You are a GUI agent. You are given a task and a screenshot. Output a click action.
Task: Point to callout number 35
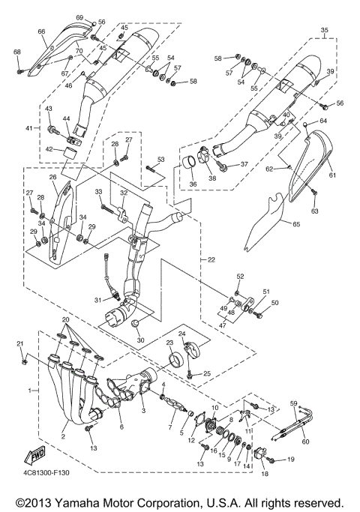325,31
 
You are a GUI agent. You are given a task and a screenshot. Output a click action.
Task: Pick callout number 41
30,129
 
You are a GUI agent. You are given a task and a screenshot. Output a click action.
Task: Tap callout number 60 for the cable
305,442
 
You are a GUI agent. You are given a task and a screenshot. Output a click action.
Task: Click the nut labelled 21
25,363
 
